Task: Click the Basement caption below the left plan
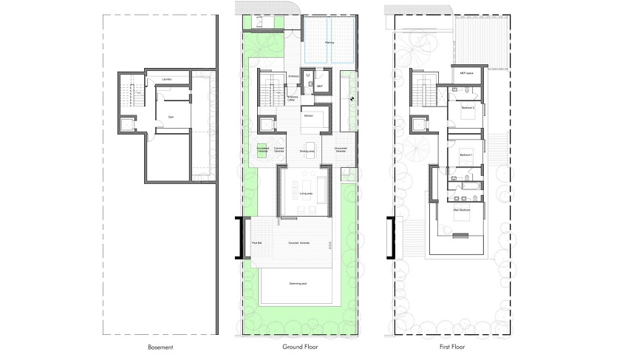click(161, 347)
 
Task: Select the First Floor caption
click(449, 347)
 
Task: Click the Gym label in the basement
click(171, 117)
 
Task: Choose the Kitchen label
click(310, 117)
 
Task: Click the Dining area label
click(308, 151)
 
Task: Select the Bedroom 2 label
click(467, 108)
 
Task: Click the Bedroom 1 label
click(465, 154)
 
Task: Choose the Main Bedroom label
click(463, 211)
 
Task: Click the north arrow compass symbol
click(352, 98)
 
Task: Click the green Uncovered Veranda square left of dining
click(262, 146)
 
